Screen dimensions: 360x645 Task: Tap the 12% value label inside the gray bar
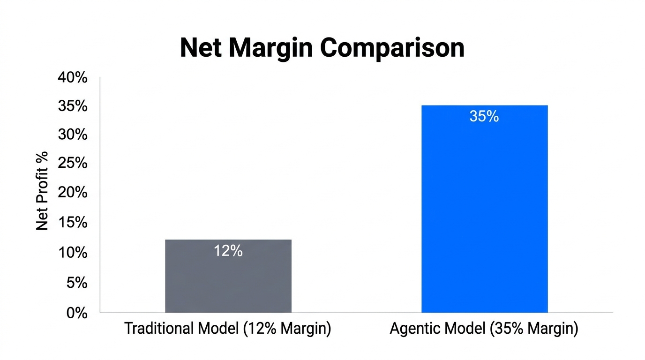[228, 251]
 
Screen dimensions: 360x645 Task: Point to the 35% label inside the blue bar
[484, 116]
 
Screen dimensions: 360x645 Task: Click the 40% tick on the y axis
[73, 77]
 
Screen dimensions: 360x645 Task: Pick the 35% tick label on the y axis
[73, 106]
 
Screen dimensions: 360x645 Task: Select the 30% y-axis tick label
[73, 135]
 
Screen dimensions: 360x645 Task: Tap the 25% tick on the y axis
[73, 164]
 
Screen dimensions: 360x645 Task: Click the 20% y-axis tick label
[73, 193]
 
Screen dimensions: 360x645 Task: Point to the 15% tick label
[73, 223]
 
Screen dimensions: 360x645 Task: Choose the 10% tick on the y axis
[73, 253]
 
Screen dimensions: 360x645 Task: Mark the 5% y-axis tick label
[76, 283]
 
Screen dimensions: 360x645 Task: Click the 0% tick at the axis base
[76, 313]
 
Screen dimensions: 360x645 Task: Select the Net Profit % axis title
[43, 191]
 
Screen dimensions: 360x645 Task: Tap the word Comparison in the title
[393, 47]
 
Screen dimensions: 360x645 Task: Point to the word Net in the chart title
[201, 47]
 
